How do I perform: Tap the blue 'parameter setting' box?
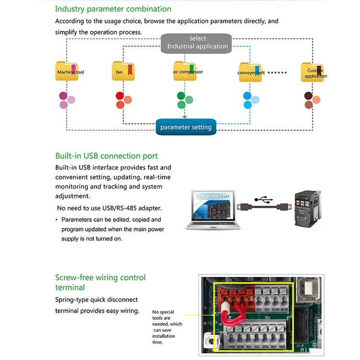click(x=186, y=127)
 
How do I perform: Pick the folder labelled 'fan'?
click(x=123, y=72)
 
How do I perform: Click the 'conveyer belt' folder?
click(x=251, y=72)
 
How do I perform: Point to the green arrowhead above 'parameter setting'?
click(x=185, y=117)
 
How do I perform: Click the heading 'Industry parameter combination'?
click(x=113, y=9)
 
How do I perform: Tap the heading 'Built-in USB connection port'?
click(x=106, y=156)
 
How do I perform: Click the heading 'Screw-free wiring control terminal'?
click(x=100, y=282)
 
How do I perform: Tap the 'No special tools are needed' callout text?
click(x=167, y=327)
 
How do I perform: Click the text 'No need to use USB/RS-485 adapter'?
click(x=109, y=208)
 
